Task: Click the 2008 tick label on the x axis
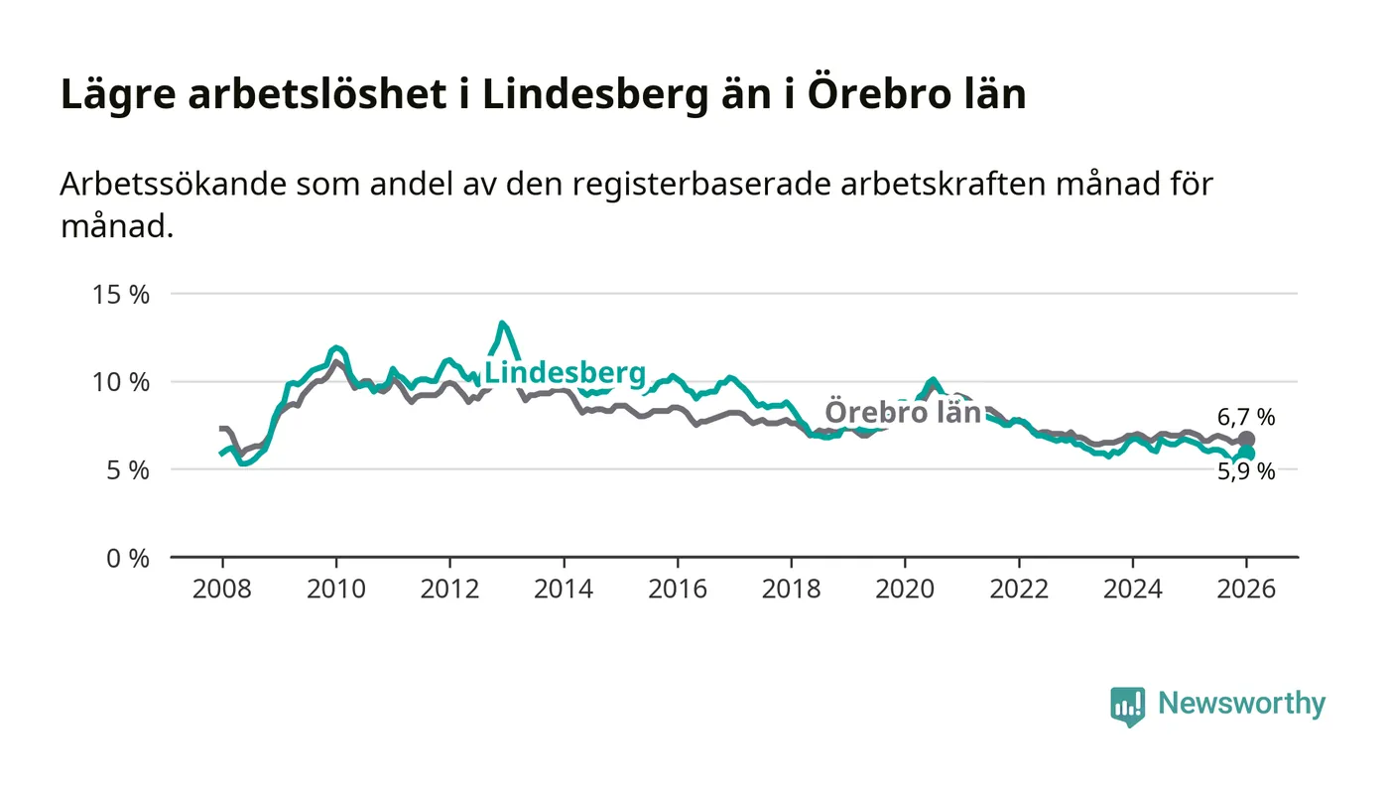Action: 222,589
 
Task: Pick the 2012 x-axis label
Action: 449,589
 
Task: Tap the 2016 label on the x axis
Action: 677,589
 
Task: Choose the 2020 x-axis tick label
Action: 905,589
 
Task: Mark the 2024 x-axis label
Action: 1132,589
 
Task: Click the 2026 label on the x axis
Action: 1246,589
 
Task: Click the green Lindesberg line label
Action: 565,374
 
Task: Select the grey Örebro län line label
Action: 903,413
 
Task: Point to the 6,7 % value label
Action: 1246,418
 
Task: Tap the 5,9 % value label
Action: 1246,472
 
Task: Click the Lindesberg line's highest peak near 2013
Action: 502,324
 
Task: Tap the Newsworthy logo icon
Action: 1127,706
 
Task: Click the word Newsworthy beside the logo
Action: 1241,704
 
